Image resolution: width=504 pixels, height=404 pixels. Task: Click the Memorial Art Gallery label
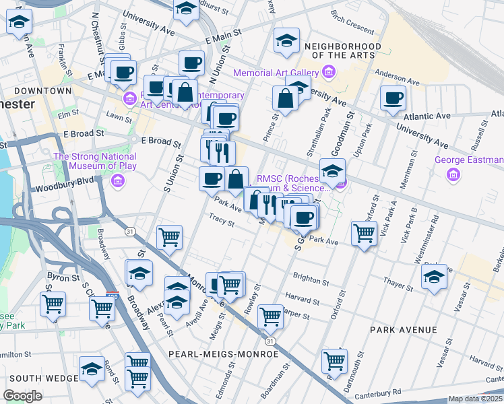[x=276, y=73]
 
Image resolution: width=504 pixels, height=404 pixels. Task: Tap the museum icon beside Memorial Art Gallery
[x=328, y=72]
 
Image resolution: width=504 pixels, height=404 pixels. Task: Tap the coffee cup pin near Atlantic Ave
[x=393, y=98]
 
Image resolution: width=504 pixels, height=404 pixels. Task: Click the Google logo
[x=22, y=396]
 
